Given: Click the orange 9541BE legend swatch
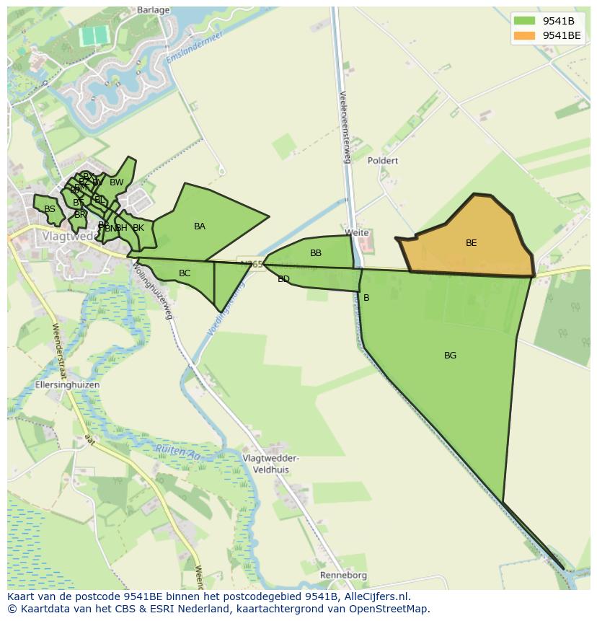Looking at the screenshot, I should (x=526, y=35).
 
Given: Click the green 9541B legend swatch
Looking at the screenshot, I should (x=526, y=20).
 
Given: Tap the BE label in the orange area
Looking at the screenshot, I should (x=471, y=243).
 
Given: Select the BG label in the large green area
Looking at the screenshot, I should (x=450, y=356).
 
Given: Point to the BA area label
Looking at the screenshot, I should (x=200, y=226).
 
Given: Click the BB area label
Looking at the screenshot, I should (x=316, y=253).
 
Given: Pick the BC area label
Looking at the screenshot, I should (x=185, y=273).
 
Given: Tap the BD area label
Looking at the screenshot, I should (x=283, y=279).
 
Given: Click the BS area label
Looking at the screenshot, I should (x=49, y=210).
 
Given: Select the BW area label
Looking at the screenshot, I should (x=117, y=182).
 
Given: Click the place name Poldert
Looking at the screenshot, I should (x=382, y=161).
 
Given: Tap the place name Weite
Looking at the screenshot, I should (x=357, y=233).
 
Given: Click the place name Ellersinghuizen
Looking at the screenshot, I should (x=67, y=385).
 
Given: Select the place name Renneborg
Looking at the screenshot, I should (x=344, y=576).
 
